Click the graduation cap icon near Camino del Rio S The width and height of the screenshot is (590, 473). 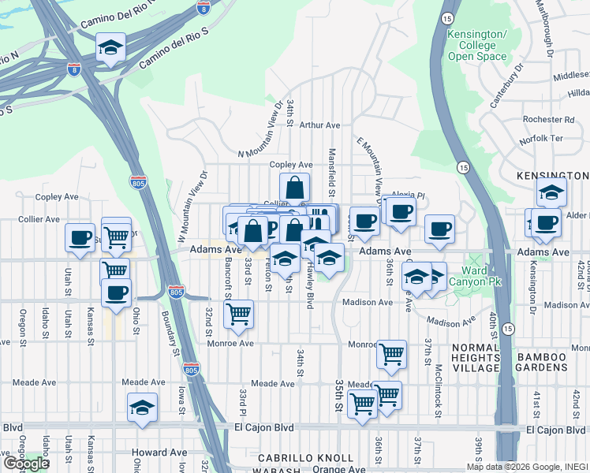111,47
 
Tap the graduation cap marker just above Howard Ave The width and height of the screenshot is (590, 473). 142,408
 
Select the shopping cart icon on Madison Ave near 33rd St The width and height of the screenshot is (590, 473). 238,315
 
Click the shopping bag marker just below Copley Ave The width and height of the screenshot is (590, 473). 294,188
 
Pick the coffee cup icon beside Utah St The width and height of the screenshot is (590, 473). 80,238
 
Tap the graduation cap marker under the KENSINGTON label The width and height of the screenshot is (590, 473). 551,192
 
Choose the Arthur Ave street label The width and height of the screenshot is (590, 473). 319,125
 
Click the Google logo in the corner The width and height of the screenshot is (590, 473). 25,464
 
